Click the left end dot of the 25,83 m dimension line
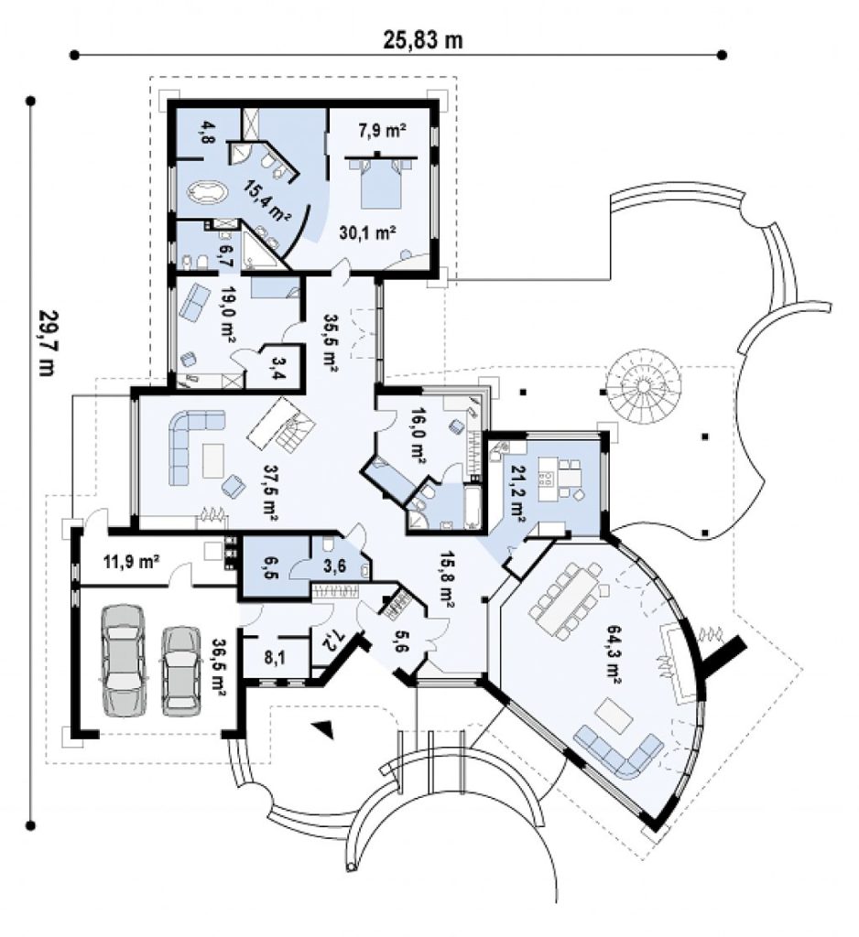pyautogui.click(x=74, y=55)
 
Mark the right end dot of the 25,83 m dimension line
pyautogui.click(x=722, y=55)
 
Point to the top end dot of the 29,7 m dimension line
pyautogui.click(x=30, y=102)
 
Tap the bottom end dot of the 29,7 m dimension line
pyautogui.click(x=30, y=826)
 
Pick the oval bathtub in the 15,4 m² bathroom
pyautogui.click(x=208, y=193)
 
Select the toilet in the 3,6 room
pyautogui.click(x=328, y=544)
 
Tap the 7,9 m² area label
pyautogui.click(x=383, y=129)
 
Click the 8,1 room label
pyautogui.click(x=275, y=658)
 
